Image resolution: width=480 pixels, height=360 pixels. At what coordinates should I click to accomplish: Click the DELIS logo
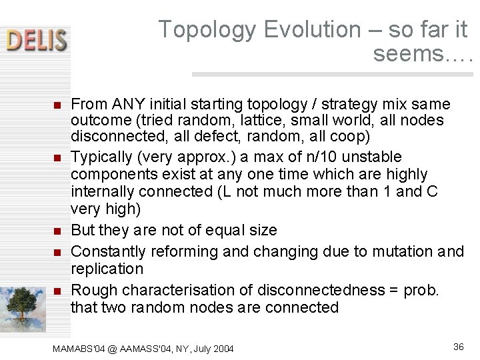click(x=37, y=40)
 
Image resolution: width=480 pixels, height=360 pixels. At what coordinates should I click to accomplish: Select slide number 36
click(x=458, y=346)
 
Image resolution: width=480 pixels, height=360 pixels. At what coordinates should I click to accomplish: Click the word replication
click(x=107, y=269)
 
